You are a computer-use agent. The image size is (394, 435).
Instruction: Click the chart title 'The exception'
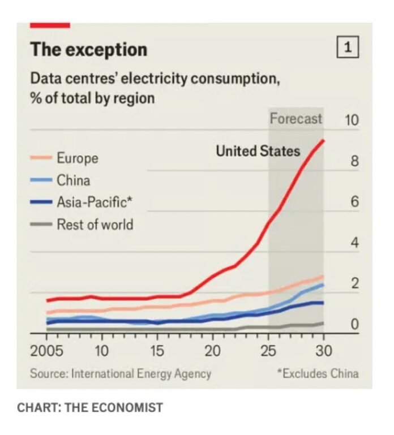pos(89,49)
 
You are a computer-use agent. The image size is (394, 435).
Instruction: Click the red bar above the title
pos(50,25)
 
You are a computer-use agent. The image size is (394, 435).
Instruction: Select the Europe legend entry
pos(77,158)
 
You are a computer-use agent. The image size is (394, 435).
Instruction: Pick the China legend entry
pos(73,180)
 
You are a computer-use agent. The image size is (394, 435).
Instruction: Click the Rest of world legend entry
pos(95,225)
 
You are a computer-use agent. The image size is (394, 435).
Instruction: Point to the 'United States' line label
pos(258,151)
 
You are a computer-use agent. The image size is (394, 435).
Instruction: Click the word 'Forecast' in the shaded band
pos(295,119)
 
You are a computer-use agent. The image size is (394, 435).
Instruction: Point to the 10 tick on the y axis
pos(351,120)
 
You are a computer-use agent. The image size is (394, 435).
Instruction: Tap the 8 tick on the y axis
pos(354,161)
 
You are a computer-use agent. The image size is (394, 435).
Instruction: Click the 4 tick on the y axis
pos(354,243)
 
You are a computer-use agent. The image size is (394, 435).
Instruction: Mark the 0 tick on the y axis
pos(354,325)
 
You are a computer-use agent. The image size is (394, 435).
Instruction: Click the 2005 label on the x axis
pos(47,350)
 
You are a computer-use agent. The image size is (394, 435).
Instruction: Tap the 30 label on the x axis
pos(324,350)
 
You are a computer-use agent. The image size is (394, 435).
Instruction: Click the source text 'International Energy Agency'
pos(141,373)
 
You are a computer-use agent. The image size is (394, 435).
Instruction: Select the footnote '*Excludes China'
pos(317,373)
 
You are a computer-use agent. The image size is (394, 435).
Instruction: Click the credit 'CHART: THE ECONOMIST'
pos(89,407)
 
